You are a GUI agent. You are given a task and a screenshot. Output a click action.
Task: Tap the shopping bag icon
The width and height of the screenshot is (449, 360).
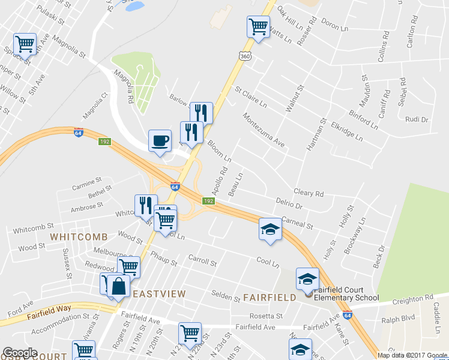(119, 286)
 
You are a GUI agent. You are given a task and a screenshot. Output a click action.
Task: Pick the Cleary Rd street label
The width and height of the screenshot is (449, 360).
(309, 193)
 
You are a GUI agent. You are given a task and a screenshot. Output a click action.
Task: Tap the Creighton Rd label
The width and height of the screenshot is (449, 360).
(413, 298)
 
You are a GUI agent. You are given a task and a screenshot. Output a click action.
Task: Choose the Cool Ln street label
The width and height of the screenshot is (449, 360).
(268, 263)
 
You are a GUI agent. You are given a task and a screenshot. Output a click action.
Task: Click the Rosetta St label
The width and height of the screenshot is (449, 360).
(266, 316)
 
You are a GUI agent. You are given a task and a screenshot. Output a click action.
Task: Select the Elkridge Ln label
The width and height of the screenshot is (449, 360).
(347, 131)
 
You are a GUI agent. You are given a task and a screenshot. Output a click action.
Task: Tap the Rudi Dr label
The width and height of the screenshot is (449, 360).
(416, 119)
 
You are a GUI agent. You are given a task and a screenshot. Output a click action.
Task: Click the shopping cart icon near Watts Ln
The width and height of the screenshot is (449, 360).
(258, 26)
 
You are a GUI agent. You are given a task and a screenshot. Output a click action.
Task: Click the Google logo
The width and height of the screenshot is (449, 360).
(20, 353)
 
